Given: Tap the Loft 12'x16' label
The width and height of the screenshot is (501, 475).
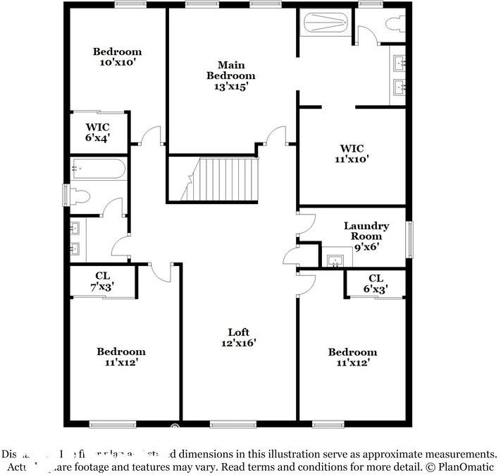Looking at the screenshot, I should point(238,337).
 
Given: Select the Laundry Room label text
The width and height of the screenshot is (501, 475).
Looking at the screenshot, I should point(366,231).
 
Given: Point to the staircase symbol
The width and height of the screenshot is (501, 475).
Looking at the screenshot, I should point(221,179).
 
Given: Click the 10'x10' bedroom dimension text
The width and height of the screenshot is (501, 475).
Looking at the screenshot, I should point(118,62).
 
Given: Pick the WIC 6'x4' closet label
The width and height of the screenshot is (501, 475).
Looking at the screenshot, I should point(98,133).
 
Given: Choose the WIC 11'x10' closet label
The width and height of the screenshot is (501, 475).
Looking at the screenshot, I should point(351,153).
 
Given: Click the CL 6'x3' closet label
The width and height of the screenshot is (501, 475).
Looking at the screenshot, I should point(376,283).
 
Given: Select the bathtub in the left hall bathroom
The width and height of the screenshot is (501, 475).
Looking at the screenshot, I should point(99,169).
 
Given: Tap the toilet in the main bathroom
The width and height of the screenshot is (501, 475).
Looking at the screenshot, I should point(396,23).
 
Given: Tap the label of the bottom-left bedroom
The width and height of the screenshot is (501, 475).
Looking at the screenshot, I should point(120,356).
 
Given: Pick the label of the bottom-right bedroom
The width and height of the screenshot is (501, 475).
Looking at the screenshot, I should point(352,356).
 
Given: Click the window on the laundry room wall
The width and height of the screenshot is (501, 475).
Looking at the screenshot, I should point(409,239).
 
